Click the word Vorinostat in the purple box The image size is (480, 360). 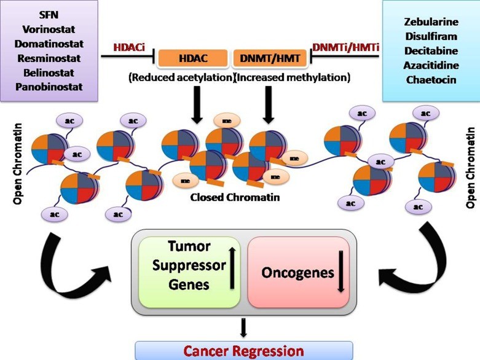click(49, 29)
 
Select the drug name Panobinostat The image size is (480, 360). click(49, 87)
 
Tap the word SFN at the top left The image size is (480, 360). click(49, 15)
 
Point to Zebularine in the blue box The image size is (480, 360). click(430, 22)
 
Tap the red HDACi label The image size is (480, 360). click(129, 47)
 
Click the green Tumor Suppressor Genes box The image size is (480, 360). click(189, 271)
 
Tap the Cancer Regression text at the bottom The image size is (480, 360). click(245, 351)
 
